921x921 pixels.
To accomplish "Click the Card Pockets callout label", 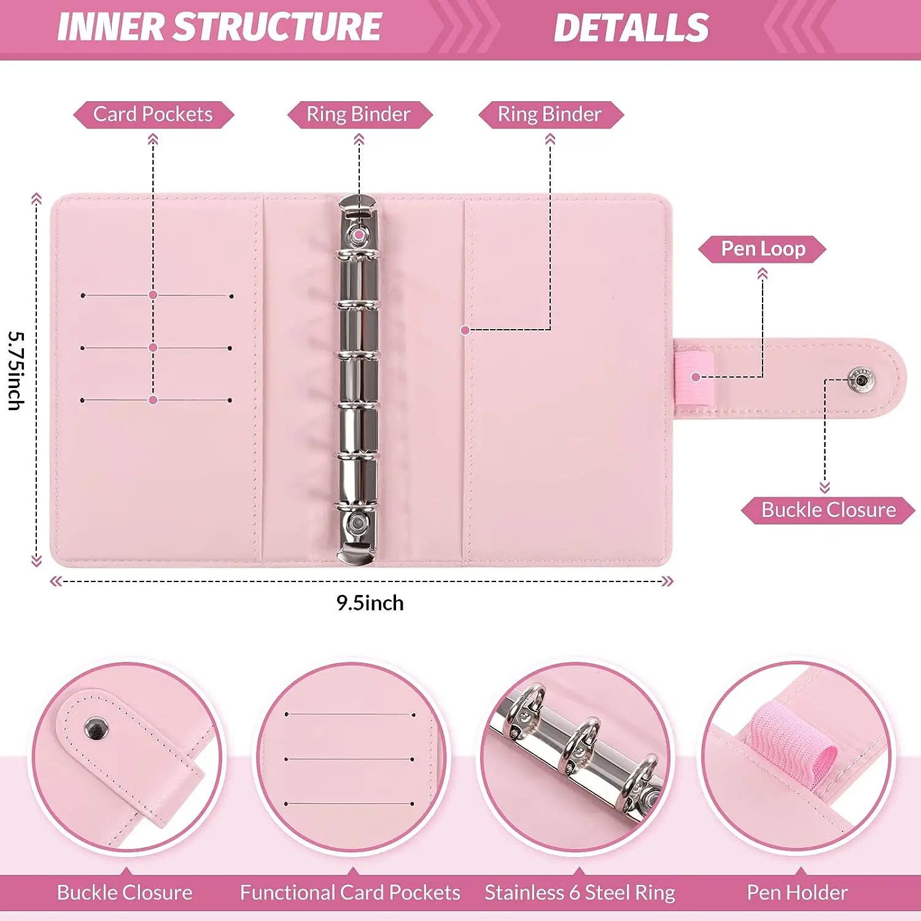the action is coord(153,115).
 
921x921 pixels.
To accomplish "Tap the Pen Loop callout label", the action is coord(763,249).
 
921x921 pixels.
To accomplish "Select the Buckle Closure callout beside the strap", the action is coord(828,510).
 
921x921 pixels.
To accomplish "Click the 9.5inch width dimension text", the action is coord(370,603).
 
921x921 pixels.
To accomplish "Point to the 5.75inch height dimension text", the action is coord(17,371).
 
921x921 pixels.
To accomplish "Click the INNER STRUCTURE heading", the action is coord(219,27).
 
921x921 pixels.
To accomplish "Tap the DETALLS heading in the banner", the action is coord(631,28).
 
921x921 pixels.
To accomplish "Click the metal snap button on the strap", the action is coord(861,380).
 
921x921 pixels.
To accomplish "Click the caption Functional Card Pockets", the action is coord(350,893).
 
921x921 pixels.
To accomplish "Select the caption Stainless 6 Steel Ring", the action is coord(580,893).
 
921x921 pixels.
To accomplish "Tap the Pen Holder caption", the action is coord(797,893).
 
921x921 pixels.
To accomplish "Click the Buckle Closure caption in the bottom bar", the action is coord(125,893).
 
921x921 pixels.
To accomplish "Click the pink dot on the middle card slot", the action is coord(153,348).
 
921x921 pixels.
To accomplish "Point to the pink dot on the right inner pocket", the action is coord(465,330).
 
